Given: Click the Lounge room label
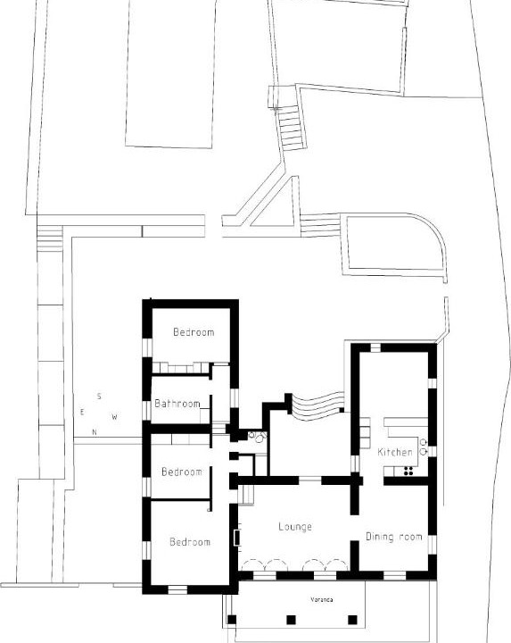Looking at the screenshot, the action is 295,527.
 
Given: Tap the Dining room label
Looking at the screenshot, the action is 393,537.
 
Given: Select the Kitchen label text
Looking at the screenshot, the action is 395,452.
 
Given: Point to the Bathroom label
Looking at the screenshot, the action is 177,404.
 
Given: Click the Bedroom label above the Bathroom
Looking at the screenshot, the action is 194,331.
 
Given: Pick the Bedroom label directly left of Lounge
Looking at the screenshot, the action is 190,542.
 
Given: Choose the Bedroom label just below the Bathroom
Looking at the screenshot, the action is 182,472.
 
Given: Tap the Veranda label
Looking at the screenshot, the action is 321,599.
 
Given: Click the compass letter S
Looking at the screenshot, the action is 99,397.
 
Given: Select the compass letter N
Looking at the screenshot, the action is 95,432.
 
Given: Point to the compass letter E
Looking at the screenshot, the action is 82,412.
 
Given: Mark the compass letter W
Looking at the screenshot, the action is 115,417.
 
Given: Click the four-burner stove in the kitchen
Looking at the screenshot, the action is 408,472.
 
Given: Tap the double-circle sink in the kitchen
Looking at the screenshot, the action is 424,447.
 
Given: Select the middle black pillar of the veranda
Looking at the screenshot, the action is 291,620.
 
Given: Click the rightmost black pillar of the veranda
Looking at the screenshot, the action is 352,620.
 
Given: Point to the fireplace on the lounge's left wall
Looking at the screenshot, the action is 236,538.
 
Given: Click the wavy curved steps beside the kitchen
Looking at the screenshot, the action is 318,405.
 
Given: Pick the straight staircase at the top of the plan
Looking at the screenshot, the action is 291,128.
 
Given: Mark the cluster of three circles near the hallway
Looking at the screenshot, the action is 258,437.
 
